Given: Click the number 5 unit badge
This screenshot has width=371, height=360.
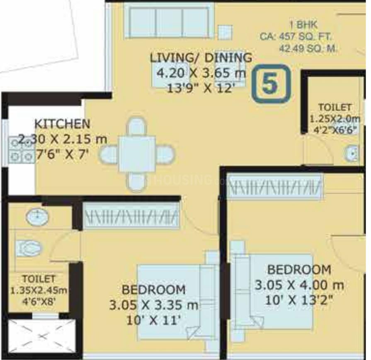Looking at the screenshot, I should tap(271, 83).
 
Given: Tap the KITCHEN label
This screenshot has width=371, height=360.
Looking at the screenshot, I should tap(62, 123).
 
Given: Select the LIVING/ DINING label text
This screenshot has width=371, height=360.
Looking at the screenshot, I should tap(201, 58).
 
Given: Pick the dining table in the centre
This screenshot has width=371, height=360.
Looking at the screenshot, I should tap(137, 154).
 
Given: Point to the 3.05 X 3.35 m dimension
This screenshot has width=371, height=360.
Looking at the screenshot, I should tap(153, 305).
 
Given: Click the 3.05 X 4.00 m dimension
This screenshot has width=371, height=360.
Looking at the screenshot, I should tap(299, 285).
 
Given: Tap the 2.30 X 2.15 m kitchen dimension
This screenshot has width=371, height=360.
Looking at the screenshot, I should tap(63, 139).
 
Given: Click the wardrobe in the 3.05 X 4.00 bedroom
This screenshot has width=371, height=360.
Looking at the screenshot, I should tap(275, 186).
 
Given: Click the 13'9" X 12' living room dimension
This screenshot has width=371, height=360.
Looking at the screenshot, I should tap(201, 88).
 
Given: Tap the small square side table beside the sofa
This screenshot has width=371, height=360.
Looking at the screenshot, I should tap(225, 32).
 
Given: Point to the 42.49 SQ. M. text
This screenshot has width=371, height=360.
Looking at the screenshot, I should tap(309, 48).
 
